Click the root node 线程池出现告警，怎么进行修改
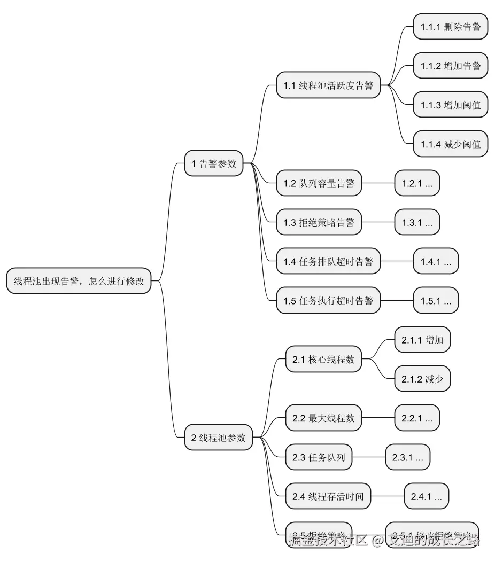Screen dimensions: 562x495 click(79, 281)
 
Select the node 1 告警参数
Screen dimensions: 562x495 click(214, 163)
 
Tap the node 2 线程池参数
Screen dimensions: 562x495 click(218, 438)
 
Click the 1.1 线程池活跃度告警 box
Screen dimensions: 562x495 click(328, 85)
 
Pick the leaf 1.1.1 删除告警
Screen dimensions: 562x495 click(450, 27)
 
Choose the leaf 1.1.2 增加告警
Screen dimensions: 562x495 click(450, 66)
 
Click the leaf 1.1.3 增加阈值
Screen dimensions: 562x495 click(450, 105)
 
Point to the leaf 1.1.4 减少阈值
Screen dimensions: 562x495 click(450, 144)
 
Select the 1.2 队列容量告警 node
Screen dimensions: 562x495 click(319, 183)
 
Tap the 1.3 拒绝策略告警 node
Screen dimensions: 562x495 click(319, 222)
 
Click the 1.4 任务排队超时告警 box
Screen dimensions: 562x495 click(328, 261)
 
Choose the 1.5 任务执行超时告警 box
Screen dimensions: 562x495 click(328, 300)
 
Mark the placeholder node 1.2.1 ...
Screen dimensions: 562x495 click(417, 183)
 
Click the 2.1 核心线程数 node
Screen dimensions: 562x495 click(323, 359)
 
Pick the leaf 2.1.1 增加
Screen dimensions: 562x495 click(422, 340)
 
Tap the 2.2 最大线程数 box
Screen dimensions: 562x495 click(323, 418)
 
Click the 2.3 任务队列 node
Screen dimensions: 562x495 click(319, 457)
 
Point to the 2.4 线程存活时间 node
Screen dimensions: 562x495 click(328, 496)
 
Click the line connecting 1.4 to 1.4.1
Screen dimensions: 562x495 click(397, 261)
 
